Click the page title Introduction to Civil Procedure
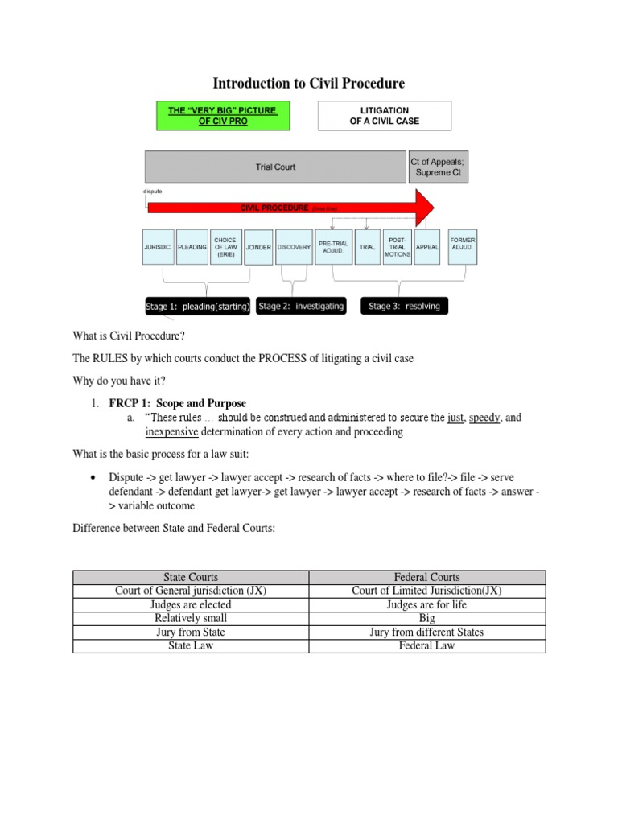[308, 84]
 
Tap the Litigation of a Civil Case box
[385, 116]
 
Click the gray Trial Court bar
[276, 167]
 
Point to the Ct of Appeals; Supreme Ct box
[438, 167]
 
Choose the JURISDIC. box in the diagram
[159, 247]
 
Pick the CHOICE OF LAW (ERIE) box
[225, 247]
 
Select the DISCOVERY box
[294, 247]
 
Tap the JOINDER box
[258, 247]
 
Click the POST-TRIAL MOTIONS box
[399, 247]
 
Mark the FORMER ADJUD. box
[463, 247]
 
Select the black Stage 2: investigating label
[301, 307]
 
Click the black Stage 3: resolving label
[404, 307]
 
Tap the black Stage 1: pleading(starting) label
[198, 307]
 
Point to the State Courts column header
[191, 577]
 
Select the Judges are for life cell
[426, 604]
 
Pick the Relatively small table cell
[191, 618]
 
